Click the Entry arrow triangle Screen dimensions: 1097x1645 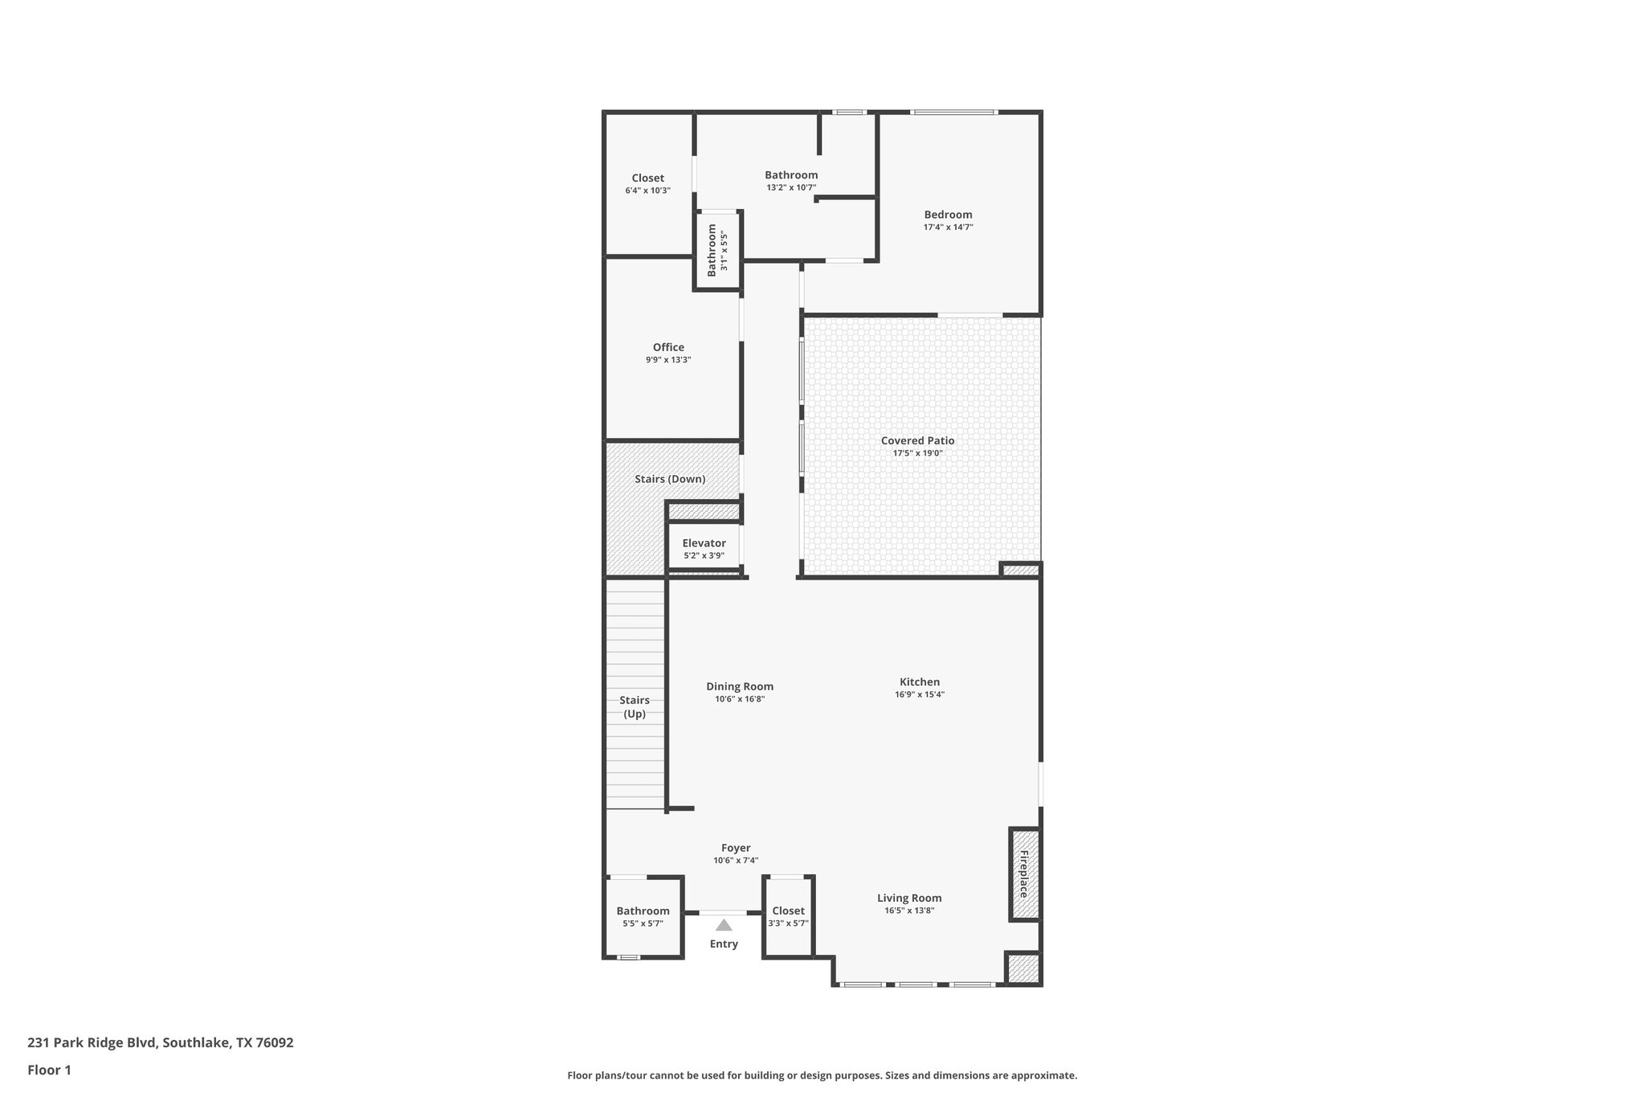pyautogui.click(x=724, y=925)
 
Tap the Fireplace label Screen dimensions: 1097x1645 pyautogui.click(x=1024, y=874)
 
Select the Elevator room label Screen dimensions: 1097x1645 pyautogui.click(x=704, y=543)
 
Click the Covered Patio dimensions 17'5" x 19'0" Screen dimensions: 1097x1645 pyautogui.click(x=917, y=453)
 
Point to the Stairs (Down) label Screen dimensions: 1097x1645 pyautogui.click(x=670, y=479)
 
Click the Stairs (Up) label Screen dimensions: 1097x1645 pyautogui.click(x=635, y=706)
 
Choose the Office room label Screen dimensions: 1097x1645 pyautogui.click(x=668, y=347)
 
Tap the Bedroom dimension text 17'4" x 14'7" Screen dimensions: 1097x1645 pyautogui.click(x=948, y=227)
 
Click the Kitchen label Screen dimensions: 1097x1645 pyautogui.click(x=919, y=682)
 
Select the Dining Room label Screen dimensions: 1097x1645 pyautogui.click(x=740, y=686)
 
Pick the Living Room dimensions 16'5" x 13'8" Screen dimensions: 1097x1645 pyautogui.click(x=909, y=911)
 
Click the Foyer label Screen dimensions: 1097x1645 pyautogui.click(x=736, y=848)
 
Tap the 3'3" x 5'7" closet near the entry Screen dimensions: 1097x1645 pyautogui.click(x=788, y=916)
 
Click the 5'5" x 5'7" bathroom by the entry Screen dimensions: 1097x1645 pyautogui.click(x=643, y=916)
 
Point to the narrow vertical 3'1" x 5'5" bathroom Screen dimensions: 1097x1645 pyautogui.click(x=716, y=250)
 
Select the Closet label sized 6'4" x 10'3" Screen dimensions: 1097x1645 pyautogui.click(x=647, y=178)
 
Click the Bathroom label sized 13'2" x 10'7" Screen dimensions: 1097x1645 pyautogui.click(x=791, y=175)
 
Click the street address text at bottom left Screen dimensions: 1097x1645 pyautogui.click(x=161, y=1043)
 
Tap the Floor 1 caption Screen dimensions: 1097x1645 pyautogui.click(x=50, y=1070)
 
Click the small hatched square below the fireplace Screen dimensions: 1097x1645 pyautogui.click(x=1023, y=969)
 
